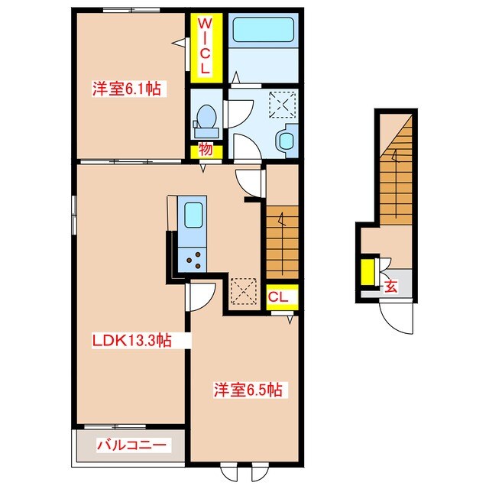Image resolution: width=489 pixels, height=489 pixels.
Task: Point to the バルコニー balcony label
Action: [x=130, y=445]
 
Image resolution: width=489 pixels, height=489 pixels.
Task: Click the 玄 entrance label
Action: [x=390, y=287]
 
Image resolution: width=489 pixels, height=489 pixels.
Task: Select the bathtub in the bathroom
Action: [x=262, y=31]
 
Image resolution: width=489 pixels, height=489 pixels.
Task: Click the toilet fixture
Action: [x=206, y=118]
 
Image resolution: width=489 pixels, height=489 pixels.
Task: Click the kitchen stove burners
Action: [x=192, y=260]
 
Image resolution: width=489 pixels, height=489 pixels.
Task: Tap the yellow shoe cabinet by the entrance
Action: [x=368, y=271]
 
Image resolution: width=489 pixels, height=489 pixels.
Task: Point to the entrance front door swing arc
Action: [x=397, y=321]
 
